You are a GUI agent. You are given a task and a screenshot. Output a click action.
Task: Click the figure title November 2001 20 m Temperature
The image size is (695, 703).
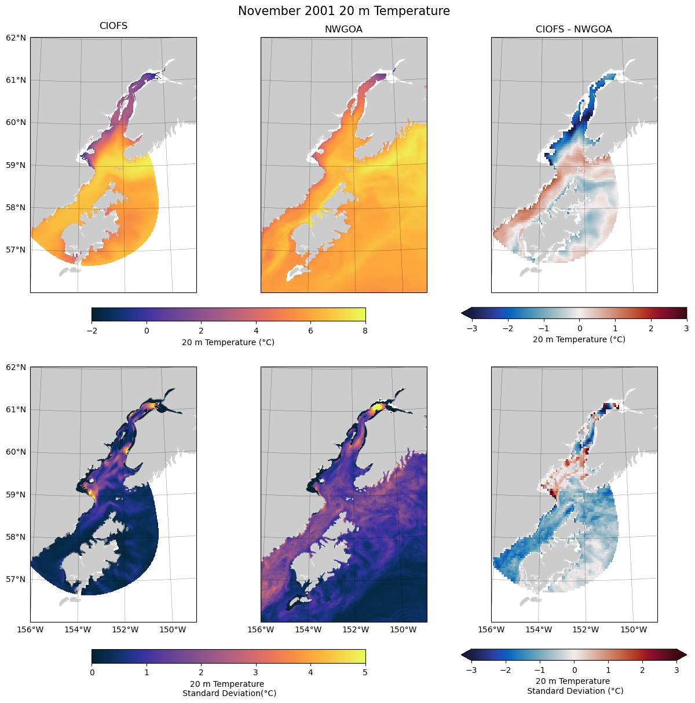click(x=343, y=11)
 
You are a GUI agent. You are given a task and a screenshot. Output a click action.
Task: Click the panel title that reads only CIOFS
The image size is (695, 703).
click(x=114, y=26)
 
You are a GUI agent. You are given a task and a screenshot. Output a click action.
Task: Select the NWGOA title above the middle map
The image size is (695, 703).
click(x=343, y=30)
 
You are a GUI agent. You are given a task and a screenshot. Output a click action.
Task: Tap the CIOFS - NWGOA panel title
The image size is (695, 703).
click(x=573, y=30)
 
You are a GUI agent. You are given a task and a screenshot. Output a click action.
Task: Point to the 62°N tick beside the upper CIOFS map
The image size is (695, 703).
click(x=16, y=38)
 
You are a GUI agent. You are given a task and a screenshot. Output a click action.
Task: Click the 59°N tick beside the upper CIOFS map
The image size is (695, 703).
click(x=16, y=165)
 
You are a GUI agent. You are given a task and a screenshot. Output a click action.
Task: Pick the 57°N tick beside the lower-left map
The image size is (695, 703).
click(x=16, y=579)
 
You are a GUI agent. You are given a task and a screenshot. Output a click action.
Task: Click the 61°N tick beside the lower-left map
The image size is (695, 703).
click(x=16, y=409)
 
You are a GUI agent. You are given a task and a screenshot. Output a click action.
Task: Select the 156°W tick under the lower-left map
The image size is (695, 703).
click(x=31, y=629)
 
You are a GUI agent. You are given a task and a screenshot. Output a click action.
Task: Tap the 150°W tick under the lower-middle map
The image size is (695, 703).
click(x=403, y=629)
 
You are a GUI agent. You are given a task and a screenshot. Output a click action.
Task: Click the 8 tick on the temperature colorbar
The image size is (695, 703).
click(x=365, y=331)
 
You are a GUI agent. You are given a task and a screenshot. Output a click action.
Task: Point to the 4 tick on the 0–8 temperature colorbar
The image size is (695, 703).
click(x=256, y=331)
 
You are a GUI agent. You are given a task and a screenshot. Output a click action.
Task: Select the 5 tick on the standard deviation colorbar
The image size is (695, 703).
click(x=365, y=672)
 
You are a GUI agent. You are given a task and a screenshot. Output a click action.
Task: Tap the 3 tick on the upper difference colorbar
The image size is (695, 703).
click(x=686, y=328)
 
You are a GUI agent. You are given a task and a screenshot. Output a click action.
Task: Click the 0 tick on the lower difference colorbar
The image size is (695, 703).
click(x=574, y=670)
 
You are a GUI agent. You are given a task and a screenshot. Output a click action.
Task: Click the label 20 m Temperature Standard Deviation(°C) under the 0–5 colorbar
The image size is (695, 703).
click(x=229, y=689)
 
